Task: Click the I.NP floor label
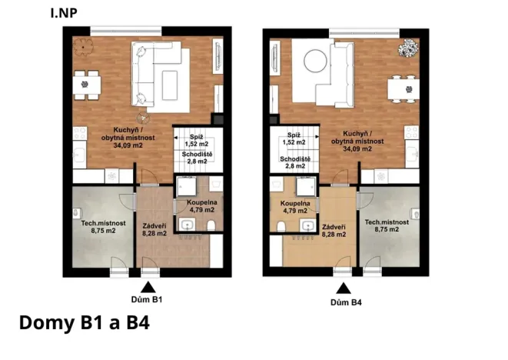click(63, 12)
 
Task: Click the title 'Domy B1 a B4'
click(83, 322)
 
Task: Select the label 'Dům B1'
click(148, 298)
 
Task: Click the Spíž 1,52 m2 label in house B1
click(196, 139)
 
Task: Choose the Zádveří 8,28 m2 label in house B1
click(155, 228)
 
